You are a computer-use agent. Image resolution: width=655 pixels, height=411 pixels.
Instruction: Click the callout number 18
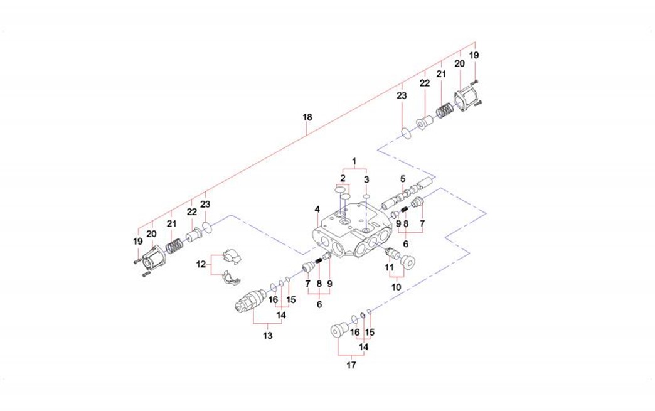pyautogui.click(x=307, y=117)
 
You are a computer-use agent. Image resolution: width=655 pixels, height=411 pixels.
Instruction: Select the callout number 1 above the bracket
pyautogui.click(x=354, y=161)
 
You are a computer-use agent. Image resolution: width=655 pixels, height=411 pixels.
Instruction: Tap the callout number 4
pyautogui.click(x=317, y=209)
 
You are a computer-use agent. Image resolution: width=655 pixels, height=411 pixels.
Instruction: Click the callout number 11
pyautogui.click(x=390, y=266)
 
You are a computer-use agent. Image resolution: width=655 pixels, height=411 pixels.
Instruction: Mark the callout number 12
pyautogui.click(x=201, y=264)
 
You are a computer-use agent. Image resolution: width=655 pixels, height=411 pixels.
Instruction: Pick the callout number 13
pyautogui.click(x=268, y=336)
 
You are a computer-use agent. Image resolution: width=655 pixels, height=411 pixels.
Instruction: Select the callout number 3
pyautogui.click(x=366, y=179)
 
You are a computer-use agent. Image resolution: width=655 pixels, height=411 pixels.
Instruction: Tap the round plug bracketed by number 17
pyautogui.click(x=339, y=329)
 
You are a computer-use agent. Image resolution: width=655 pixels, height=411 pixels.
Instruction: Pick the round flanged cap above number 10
pyautogui.click(x=410, y=260)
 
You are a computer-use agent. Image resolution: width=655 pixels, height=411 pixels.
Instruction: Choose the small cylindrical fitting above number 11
pyautogui.click(x=392, y=252)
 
